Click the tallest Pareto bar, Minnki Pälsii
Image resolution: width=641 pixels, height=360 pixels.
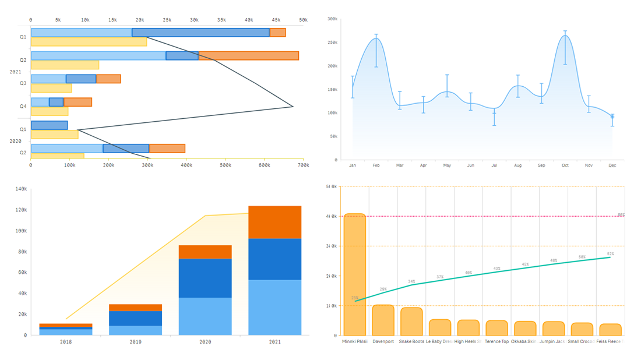354,274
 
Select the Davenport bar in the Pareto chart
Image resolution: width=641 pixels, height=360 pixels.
383,320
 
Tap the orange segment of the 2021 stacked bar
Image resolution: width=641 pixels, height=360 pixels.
274,222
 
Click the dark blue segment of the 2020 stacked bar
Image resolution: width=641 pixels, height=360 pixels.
205,278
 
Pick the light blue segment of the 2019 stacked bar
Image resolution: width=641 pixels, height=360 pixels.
135,330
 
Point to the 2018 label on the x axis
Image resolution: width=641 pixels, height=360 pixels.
66,342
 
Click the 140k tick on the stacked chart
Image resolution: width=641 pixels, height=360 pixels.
21,189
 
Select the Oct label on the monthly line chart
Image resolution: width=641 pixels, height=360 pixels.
565,165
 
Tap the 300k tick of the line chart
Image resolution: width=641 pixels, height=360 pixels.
332,19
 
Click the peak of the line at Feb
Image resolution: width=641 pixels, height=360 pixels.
376,38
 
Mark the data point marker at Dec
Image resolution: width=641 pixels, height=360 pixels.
612,117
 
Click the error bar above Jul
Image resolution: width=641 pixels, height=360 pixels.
494,116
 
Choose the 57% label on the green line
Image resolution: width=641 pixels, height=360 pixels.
610,254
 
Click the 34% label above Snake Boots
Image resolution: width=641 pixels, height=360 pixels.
411,281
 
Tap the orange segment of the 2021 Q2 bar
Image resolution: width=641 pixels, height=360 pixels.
248,56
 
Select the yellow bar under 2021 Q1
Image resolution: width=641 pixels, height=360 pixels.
89,42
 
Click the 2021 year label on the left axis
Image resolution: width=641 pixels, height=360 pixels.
15,72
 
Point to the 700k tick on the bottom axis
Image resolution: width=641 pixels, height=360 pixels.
303,165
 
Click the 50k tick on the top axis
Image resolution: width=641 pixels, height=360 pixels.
303,20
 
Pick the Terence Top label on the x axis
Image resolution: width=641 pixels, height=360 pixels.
496,342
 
